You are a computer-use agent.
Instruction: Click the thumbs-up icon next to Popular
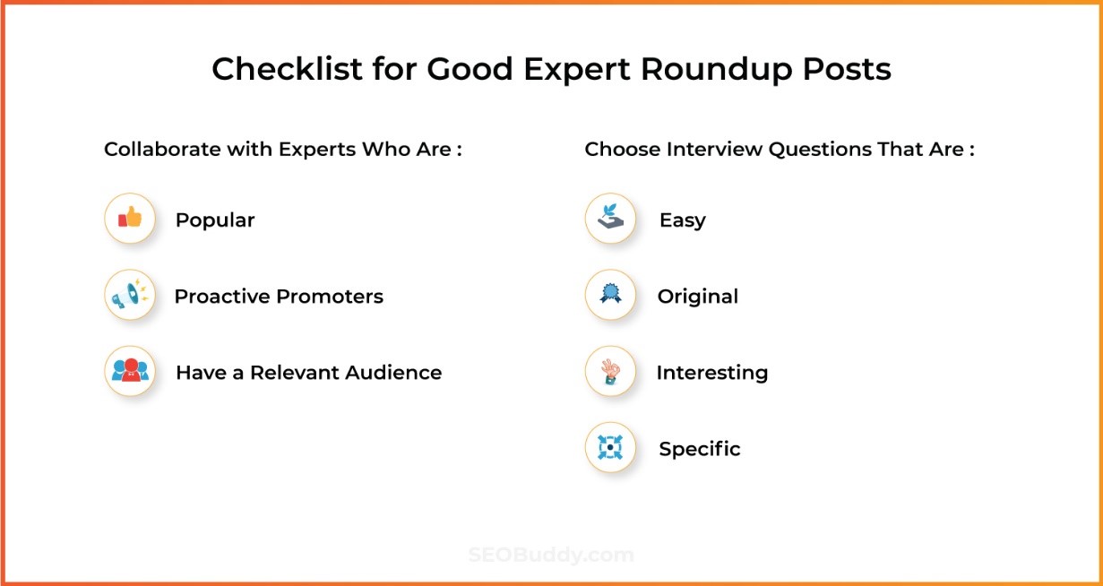click(130, 219)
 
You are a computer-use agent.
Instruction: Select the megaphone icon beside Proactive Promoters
click(130, 296)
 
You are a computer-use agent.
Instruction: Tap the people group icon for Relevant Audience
click(130, 372)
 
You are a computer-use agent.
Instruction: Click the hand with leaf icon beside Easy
click(610, 219)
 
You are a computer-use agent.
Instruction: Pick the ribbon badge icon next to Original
click(610, 296)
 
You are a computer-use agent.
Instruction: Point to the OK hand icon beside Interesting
click(610, 372)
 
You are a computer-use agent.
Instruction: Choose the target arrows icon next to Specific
click(610, 448)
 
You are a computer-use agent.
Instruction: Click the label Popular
click(215, 220)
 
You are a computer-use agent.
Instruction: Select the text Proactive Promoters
click(279, 297)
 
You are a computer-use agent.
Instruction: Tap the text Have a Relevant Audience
click(308, 373)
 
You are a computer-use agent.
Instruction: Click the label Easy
click(682, 220)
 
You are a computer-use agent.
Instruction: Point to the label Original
click(697, 297)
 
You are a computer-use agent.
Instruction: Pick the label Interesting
click(711, 373)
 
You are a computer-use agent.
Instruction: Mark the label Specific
click(699, 449)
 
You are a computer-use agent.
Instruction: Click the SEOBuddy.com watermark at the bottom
click(551, 556)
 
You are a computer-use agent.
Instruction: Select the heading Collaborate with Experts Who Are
click(282, 149)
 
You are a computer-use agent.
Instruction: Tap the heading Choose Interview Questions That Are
click(779, 149)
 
